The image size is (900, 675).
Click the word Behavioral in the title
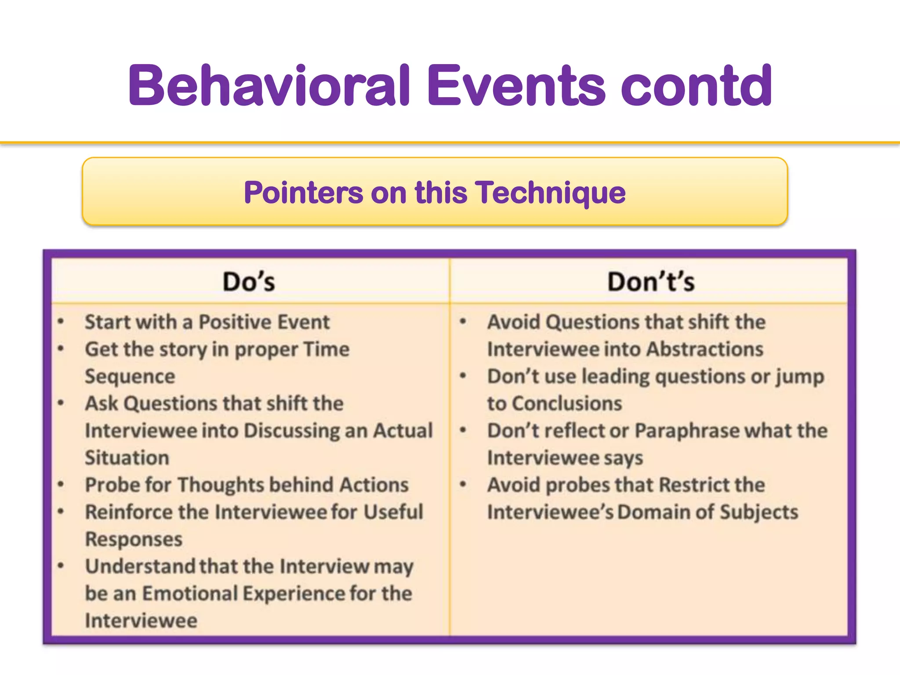click(x=269, y=86)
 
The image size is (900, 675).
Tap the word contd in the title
click(x=696, y=86)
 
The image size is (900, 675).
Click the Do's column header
click(x=249, y=282)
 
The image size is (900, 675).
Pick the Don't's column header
click(x=651, y=282)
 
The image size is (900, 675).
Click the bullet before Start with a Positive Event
click(x=61, y=322)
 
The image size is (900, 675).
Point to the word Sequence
click(x=130, y=377)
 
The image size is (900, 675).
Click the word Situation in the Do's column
click(x=127, y=458)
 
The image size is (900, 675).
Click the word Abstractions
click(x=705, y=349)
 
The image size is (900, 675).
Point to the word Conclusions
click(x=567, y=403)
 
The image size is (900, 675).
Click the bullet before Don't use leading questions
click(x=463, y=376)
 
